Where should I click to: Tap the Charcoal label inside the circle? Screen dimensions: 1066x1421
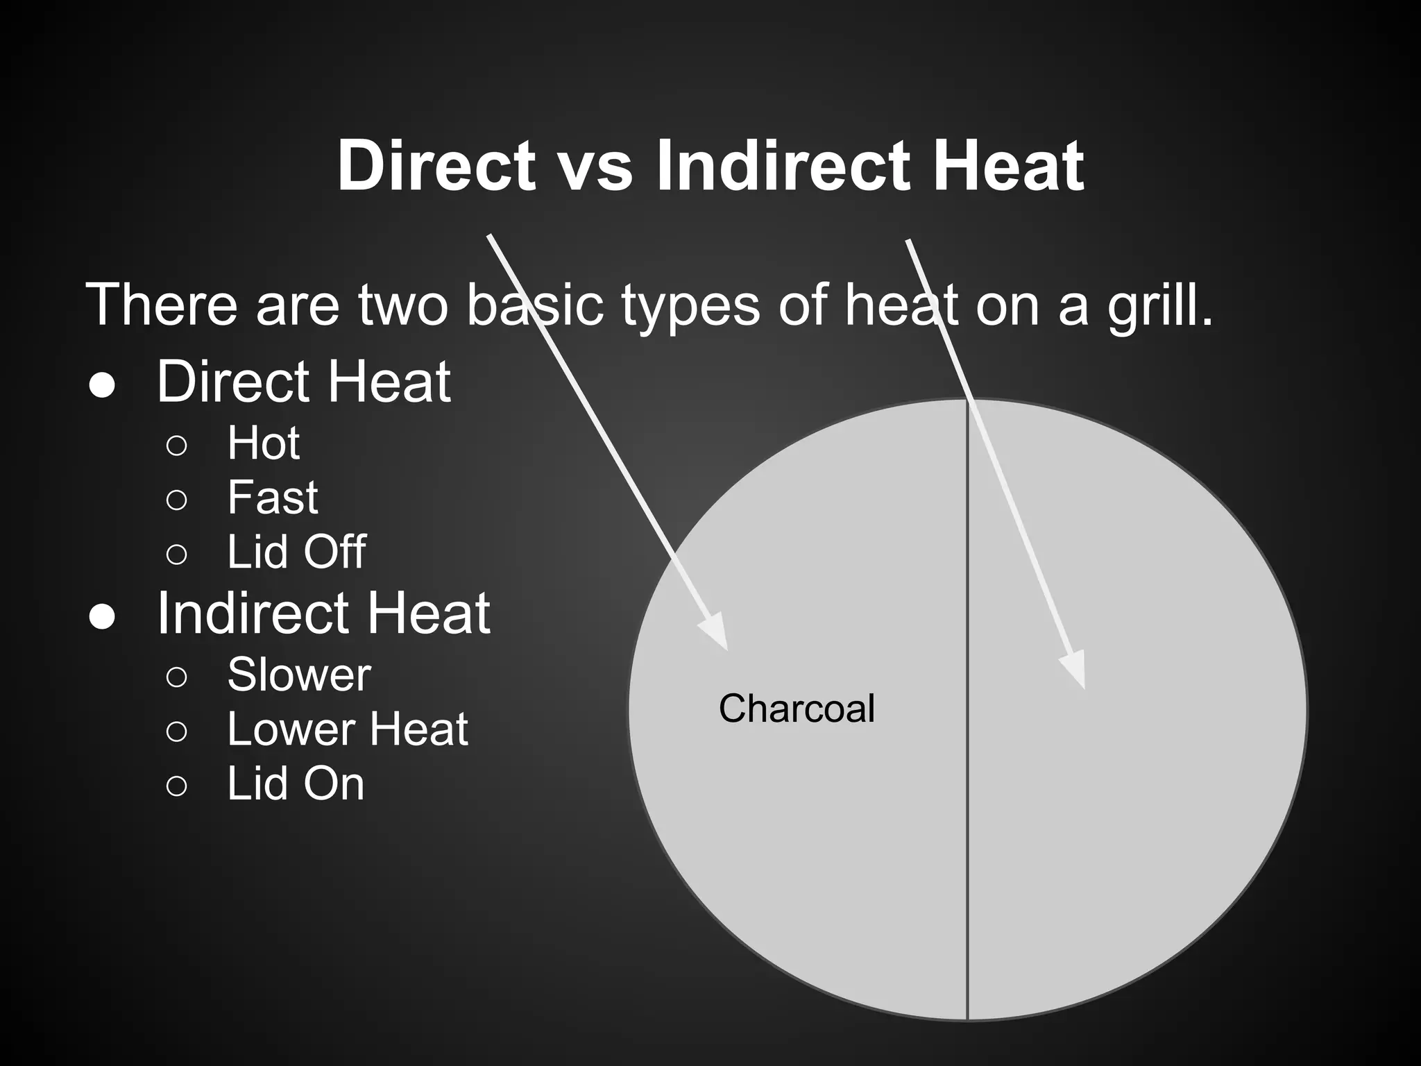797,709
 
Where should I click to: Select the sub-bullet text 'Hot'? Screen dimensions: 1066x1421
264,443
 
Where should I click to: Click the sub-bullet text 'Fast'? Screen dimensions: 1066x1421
273,498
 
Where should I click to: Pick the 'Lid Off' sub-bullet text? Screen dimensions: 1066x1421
296,552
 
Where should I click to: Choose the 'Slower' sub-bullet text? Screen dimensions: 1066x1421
299,675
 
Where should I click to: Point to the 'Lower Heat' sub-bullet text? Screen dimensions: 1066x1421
348,729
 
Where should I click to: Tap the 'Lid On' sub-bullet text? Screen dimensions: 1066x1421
296,784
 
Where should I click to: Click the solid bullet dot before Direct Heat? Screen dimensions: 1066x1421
102,387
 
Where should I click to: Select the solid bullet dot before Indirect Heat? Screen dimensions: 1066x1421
102,617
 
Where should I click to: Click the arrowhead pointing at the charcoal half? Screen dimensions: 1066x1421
716,632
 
